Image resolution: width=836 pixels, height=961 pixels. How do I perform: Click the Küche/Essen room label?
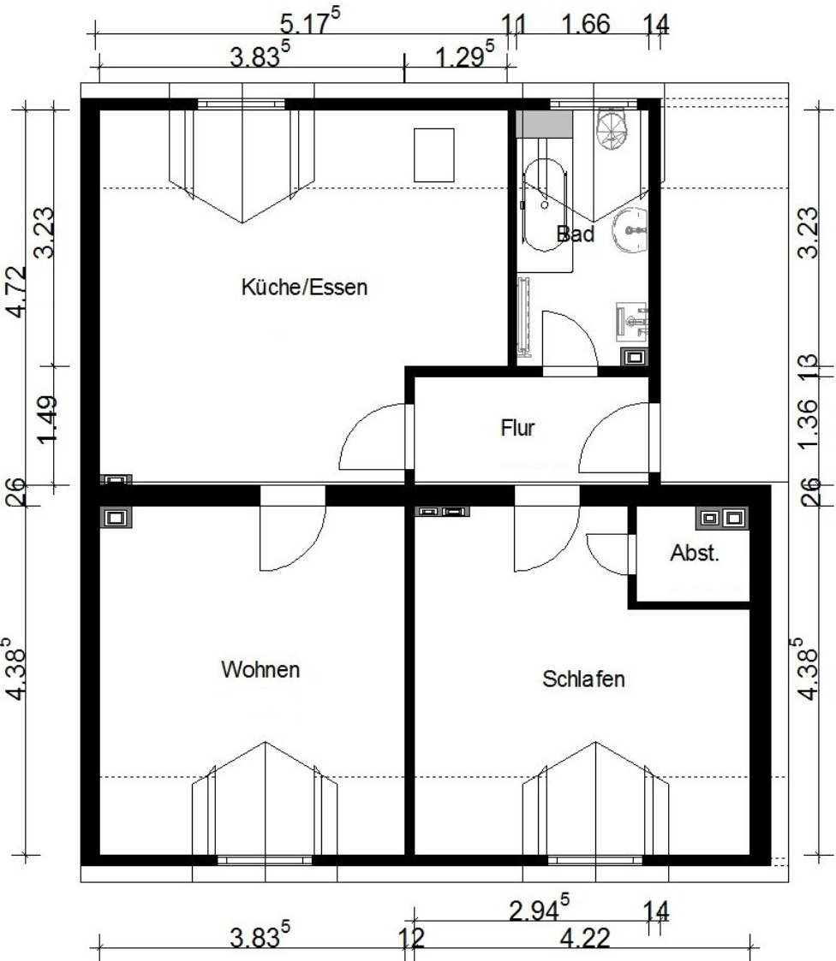304,287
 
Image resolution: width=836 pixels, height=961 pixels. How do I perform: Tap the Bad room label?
576,234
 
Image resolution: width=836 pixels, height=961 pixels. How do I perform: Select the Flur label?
517,427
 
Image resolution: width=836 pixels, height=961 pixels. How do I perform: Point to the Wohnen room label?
260,668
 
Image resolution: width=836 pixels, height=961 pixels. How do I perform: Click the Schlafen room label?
583,679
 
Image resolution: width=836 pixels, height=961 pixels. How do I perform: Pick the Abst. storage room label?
695,553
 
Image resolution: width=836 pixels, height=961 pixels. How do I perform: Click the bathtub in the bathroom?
545,206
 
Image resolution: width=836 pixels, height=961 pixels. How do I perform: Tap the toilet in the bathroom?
613,129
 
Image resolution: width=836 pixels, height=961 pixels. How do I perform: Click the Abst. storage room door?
607,555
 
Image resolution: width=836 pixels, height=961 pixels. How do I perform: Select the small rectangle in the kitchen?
434,155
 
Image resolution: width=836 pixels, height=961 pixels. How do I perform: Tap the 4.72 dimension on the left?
16,292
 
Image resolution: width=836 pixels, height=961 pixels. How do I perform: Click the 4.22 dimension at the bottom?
585,939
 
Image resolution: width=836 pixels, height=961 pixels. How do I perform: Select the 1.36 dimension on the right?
809,424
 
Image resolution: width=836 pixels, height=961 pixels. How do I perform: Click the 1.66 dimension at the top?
586,25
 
